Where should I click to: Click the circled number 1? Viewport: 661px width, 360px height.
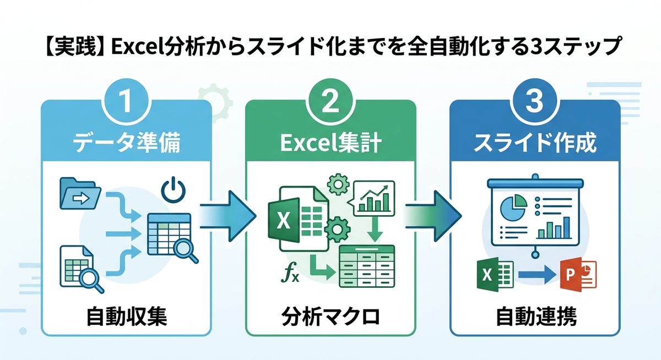(x=126, y=103)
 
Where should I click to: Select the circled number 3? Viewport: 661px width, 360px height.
(x=534, y=103)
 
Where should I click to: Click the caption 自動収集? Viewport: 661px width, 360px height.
(x=126, y=317)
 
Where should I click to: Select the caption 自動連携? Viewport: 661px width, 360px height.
(x=534, y=317)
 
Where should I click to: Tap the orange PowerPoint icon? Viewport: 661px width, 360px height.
(x=578, y=274)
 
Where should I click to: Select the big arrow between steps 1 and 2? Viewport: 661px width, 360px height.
(x=229, y=217)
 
